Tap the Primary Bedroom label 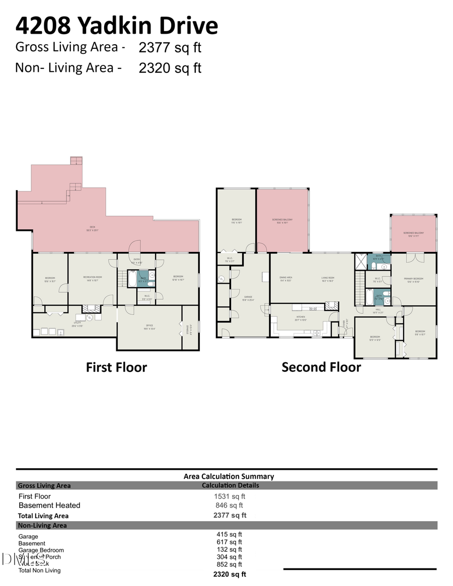(413, 279)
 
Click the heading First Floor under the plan (116, 367)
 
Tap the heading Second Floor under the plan (321, 367)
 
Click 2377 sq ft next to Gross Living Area (170, 48)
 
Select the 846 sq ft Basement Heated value (230, 506)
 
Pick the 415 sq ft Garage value (230, 535)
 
